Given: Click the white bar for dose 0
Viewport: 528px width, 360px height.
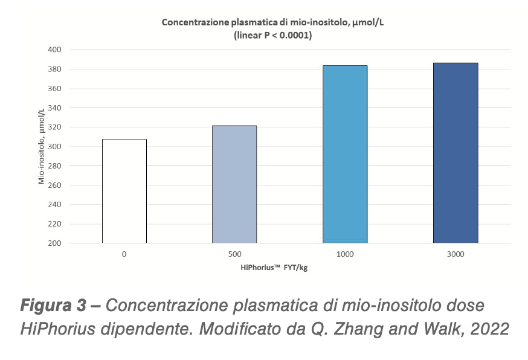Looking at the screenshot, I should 124,191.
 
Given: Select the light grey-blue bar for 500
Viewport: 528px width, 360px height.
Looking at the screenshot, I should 234,184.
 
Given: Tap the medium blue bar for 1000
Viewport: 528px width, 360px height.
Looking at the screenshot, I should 345,154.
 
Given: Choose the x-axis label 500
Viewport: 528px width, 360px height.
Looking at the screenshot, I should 234,254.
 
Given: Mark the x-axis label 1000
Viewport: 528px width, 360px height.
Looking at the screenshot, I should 345,254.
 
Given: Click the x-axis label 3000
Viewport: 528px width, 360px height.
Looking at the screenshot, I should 456,254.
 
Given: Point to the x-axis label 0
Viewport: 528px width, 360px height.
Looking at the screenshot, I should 124,254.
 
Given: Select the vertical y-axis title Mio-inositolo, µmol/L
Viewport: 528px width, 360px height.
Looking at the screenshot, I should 42,147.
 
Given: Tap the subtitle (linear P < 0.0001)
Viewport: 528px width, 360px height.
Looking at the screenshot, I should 272,36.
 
